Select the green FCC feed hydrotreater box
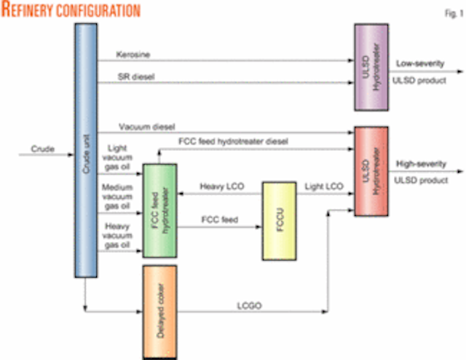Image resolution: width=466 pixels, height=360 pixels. pyautogui.click(x=161, y=211)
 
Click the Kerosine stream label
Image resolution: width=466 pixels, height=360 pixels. pyautogui.click(x=131, y=55)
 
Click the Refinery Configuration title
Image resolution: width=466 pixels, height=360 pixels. pyautogui.click(x=71, y=10)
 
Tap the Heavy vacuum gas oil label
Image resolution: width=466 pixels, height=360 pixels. pyautogui.click(x=122, y=236)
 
